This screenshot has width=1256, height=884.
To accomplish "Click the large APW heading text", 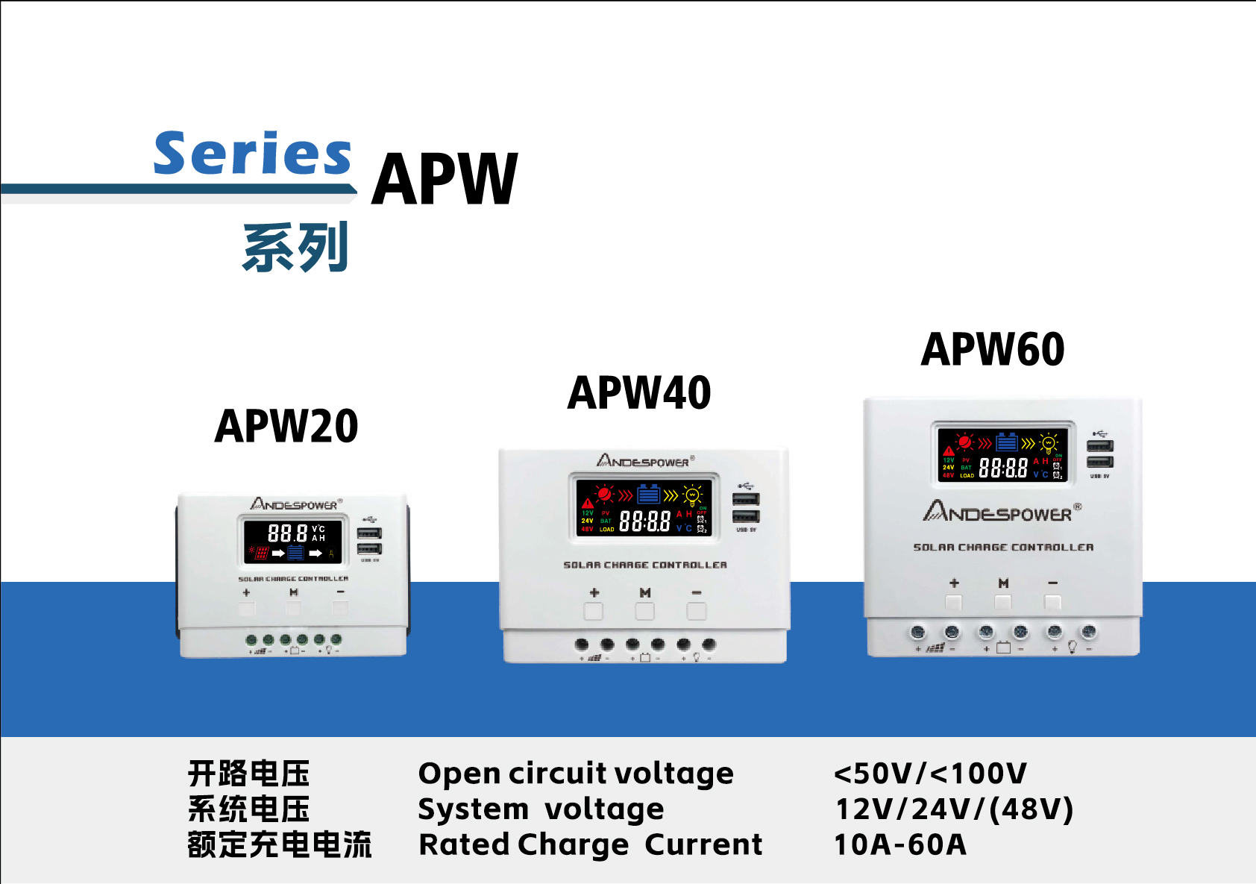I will pyautogui.click(x=445, y=179).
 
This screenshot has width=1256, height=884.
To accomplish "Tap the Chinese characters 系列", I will pyautogui.click(x=296, y=248).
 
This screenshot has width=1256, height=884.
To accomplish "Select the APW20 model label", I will pyautogui.click(x=286, y=426).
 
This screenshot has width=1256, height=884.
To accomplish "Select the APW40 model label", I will pyautogui.click(x=639, y=393).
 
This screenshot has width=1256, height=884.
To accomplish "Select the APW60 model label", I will pyautogui.click(x=993, y=349).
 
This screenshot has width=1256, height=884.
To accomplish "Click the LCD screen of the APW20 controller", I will pyautogui.click(x=292, y=542).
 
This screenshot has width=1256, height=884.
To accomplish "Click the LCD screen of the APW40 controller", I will pyautogui.click(x=644, y=508).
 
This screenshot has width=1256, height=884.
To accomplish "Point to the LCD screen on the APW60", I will pyautogui.click(x=1002, y=454).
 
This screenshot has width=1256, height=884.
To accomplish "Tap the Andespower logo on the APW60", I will pyautogui.click(x=1002, y=512).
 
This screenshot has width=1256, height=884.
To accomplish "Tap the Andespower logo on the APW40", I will pyautogui.click(x=645, y=461).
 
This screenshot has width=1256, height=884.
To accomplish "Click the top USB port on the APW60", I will pyautogui.click(x=1099, y=446).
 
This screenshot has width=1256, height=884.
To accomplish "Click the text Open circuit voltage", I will pyautogui.click(x=576, y=774).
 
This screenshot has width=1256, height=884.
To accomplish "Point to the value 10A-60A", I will pyautogui.click(x=899, y=844).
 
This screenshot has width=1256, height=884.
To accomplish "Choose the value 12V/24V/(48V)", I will pyautogui.click(x=954, y=809).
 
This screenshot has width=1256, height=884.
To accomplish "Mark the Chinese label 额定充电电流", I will pyautogui.click(x=280, y=844).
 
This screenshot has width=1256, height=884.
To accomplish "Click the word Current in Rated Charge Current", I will pyautogui.click(x=703, y=844).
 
